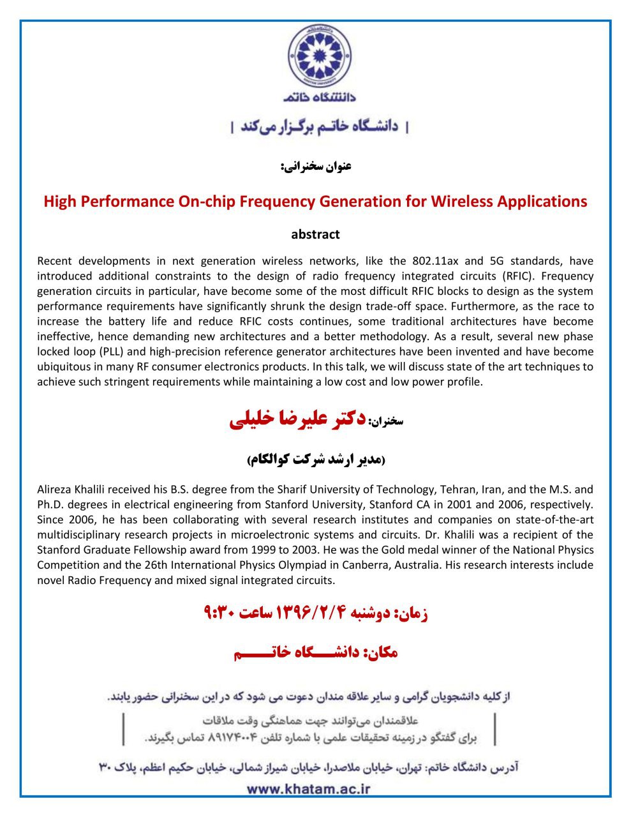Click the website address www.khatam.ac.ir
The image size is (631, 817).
[308, 788]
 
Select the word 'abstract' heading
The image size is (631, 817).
[315, 234]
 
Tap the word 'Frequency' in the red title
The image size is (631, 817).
[299, 202]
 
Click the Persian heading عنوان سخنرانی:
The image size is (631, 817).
[315, 167]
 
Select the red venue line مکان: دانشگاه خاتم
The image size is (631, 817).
[315, 652]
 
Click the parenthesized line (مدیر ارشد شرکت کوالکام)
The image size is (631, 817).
[315, 460]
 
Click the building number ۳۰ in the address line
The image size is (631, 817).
[106, 765]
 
